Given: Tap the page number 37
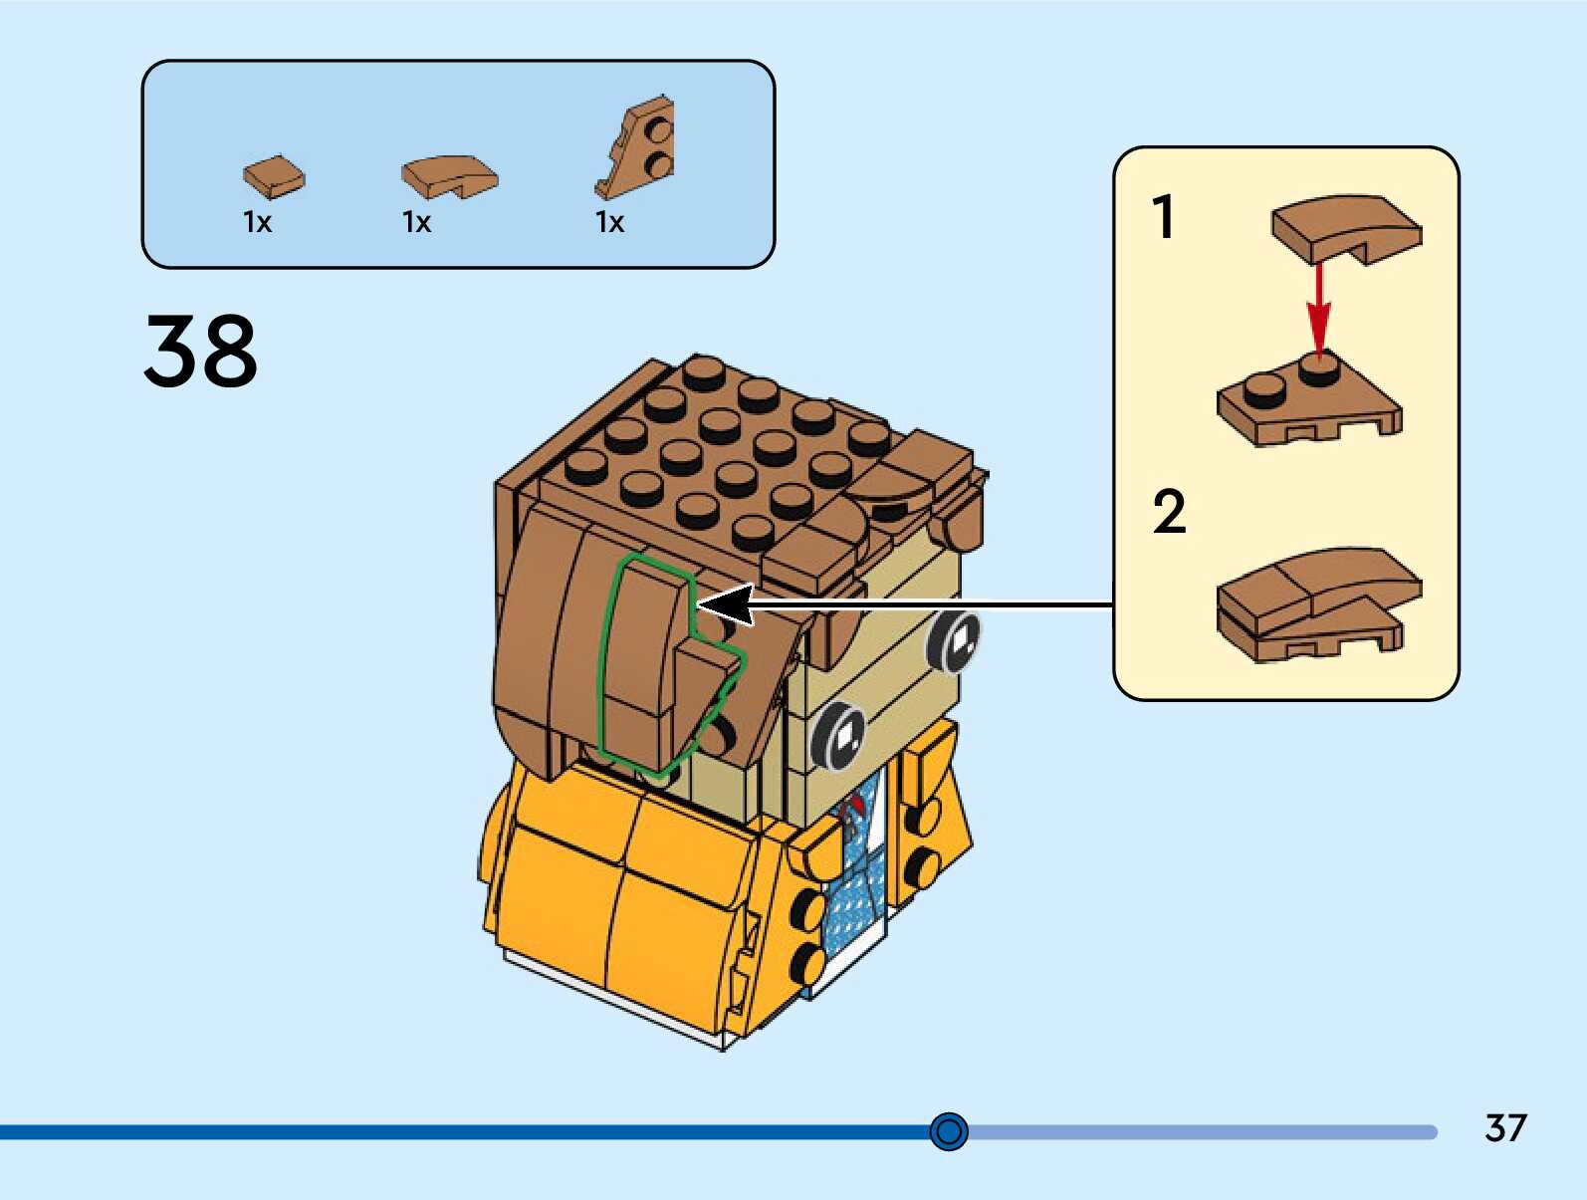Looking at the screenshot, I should pos(1504,1128).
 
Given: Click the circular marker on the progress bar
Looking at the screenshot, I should pos(949,1131).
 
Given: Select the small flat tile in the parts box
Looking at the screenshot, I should pos(274,177).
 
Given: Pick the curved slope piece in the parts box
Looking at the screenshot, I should pos(449,177).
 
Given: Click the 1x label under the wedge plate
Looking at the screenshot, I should pos(609,222).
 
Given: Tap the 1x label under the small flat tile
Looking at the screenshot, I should pos(257,222).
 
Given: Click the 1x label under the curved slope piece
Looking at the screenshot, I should pos(416,222).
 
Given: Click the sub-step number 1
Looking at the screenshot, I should pos(1163,217).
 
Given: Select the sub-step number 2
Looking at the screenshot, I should pos(1169,512).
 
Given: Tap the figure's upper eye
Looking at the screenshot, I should pos(954,640).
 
